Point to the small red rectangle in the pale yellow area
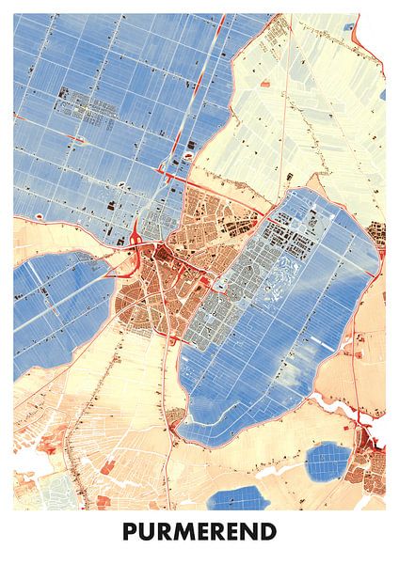[x=264, y=84]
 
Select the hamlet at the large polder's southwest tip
[x=175, y=415]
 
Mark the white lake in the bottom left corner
[x=25, y=462]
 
